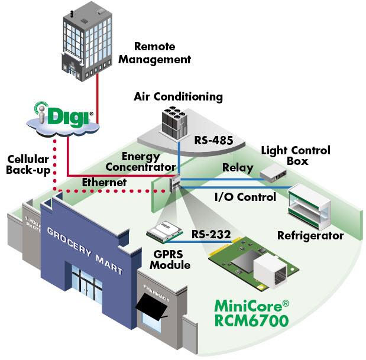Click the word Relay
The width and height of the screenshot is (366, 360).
(x=237, y=168)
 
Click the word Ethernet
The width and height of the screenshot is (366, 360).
(x=105, y=183)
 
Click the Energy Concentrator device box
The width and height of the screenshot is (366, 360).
(x=174, y=184)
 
